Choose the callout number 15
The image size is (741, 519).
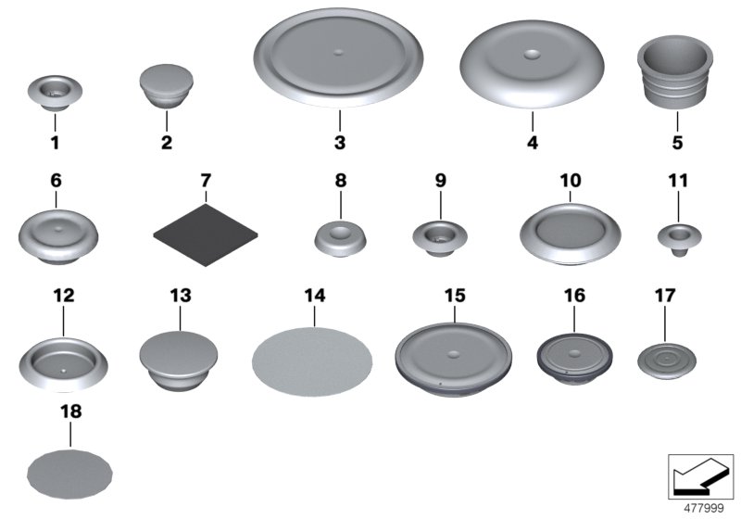454,296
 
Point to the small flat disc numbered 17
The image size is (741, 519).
664,358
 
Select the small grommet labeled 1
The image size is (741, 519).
55,91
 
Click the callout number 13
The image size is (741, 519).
180,296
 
